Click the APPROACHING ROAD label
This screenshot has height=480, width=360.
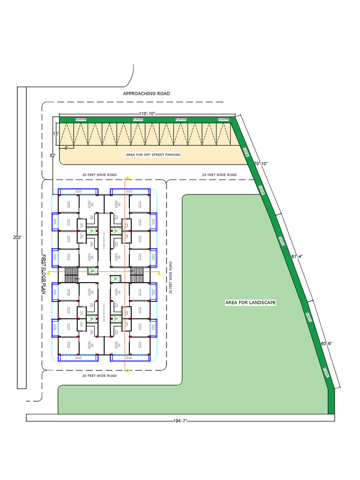point(146,94)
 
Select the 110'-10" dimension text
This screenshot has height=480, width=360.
point(147,114)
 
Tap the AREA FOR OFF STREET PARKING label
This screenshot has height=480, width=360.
point(153,154)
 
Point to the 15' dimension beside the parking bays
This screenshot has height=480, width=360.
point(55,134)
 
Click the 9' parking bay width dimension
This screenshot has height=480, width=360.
point(66,148)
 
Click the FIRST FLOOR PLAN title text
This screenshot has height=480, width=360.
point(45,275)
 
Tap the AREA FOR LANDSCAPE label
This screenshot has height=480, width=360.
point(251,303)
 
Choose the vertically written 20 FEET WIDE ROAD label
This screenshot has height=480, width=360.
point(172,277)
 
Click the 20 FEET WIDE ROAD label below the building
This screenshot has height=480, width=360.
point(99,376)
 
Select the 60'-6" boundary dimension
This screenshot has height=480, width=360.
point(327,344)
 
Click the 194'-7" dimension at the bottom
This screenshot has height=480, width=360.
point(180,421)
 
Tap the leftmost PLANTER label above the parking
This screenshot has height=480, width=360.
point(81,120)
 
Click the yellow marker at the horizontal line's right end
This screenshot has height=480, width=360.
point(159,272)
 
